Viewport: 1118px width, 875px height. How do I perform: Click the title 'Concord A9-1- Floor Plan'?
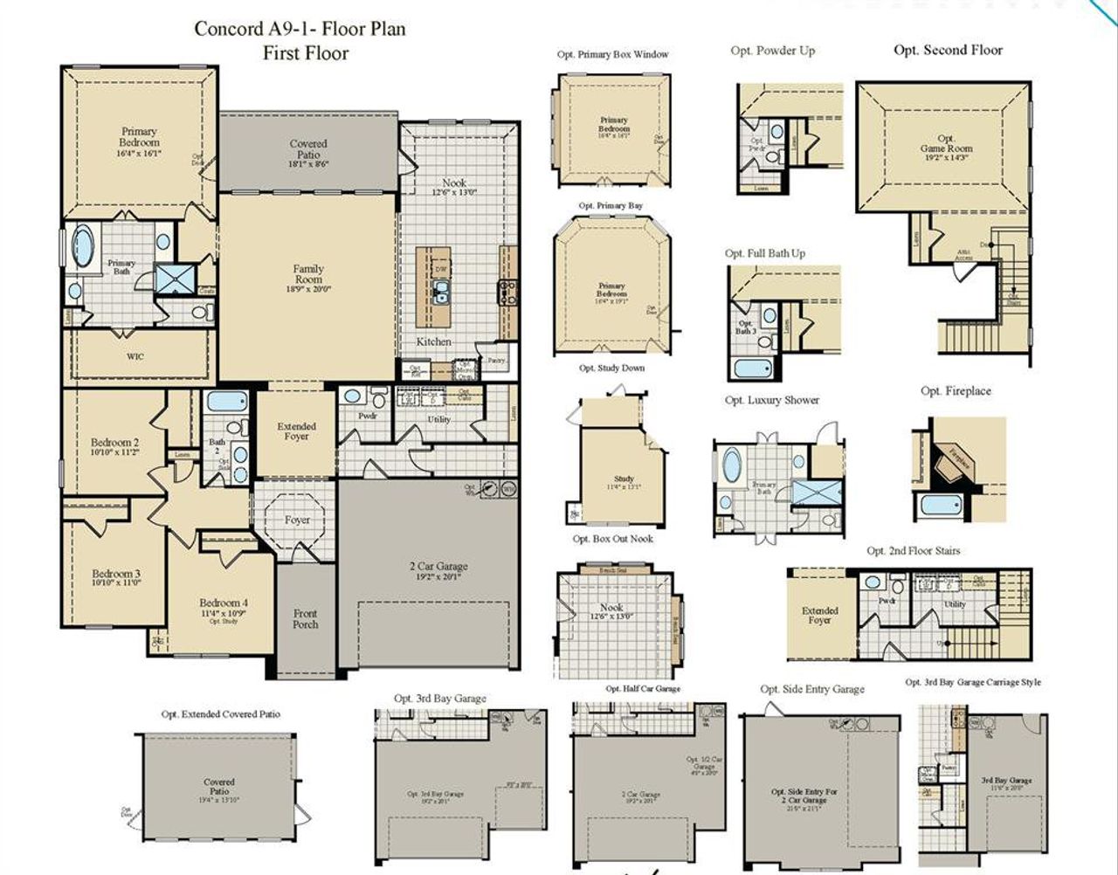pyautogui.click(x=300, y=29)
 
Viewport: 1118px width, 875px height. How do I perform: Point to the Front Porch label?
pyautogui.click(x=305, y=618)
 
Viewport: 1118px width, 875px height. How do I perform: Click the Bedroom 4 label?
pyautogui.click(x=223, y=603)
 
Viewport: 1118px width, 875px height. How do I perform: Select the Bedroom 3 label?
pyautogui.click(x=116, y=575)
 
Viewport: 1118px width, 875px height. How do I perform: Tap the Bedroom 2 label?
pyautogui.click(x=114, y=443)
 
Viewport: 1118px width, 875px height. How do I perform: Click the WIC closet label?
pyautogui.click(x=135, y=356)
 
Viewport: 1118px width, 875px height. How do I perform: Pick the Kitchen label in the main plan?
pyautogui.click(x=433, y=341)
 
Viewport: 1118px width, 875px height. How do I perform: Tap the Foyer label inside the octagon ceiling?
pyautogui.click(x=297, y=520)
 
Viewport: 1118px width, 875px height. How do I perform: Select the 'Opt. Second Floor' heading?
pyautogui.click(x=948, y=50)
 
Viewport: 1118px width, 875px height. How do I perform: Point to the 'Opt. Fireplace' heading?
pyautogui.click(x=956, y=390)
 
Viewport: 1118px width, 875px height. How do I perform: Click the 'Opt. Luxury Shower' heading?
pyautogui.click(x=771, y=400)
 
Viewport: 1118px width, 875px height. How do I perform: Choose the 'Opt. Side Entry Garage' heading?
pyautogui.click(x=811, y=689)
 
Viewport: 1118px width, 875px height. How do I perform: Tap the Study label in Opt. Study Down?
pyautogui.click(x=624, y=479)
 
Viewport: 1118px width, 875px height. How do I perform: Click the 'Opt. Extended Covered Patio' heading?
pyautogui.click(x=220, y=713)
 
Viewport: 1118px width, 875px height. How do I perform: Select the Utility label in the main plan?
pyautogui.click(x=438, y=419)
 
